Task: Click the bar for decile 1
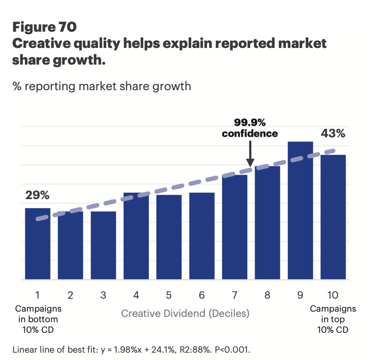click(38, 244)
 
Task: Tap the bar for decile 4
click(136, 236)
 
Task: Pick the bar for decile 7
click(235, 227)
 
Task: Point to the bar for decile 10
click(333, 217)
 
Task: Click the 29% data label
click(37, 195)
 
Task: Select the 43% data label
click(333, 133)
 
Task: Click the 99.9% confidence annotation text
click(250, 128)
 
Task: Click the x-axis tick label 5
click(169, 295)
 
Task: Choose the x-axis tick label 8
click(267, 295)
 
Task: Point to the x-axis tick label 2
click(70, 295)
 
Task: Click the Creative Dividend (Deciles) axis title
click(185, 313)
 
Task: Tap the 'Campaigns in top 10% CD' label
click(333, 319)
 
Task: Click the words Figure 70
click(44, 27)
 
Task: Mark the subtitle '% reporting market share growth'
click(102, 86)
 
